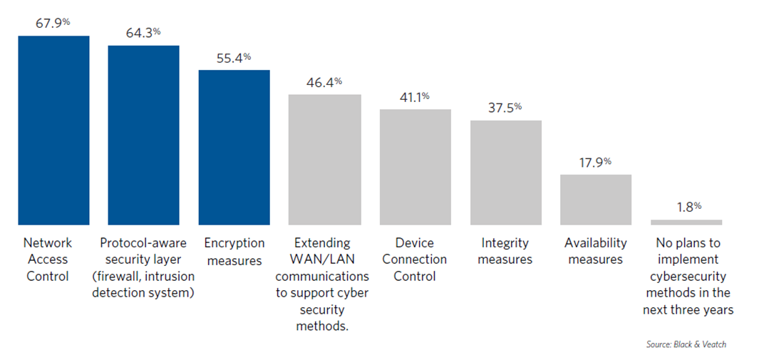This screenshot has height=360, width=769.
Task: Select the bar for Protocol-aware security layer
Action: coord(143,135)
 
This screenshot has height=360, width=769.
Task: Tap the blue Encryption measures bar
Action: coord(234,148)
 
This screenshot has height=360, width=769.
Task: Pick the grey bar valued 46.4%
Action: coord(324,160)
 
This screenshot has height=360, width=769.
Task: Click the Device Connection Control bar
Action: coord(415,168)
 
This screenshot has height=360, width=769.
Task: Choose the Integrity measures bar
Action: coord(505,173)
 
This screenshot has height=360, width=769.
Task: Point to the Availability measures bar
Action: coord(596,200)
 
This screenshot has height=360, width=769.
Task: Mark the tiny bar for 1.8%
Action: coord(686,222)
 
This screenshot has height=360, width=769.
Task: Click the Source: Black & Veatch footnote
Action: coord(686,344)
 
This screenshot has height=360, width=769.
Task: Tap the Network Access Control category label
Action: coord(48,259)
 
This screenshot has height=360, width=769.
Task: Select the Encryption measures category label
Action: coord(234,252)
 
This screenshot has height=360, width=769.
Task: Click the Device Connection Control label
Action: coord(414,259)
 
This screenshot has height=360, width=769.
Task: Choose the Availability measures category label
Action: coord(595,252)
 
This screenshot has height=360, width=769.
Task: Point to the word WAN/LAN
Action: coord(322,259)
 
